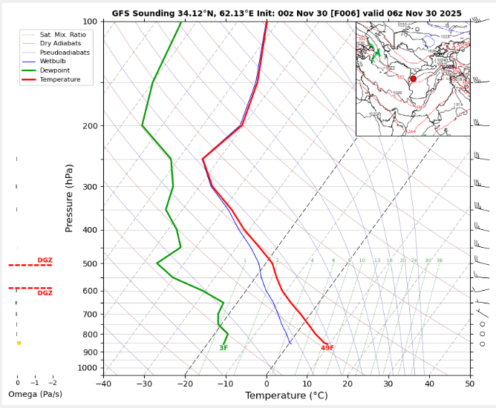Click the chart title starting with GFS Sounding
[287, 13]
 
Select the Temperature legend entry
[60, 79]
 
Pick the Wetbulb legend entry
[53, 62]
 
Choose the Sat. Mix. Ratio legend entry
[62, 34]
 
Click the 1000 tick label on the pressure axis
[88, 368]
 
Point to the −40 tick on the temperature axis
[103, 384]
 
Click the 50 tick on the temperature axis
[470, 384]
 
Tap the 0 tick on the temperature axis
[267, 384]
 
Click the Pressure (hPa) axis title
[70, 199]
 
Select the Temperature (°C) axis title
[287, 395]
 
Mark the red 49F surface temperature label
[327, 348]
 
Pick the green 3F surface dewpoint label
[223, 348]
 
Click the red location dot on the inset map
[413, 79]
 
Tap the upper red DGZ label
[45, 260]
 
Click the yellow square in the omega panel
[19, 343]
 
